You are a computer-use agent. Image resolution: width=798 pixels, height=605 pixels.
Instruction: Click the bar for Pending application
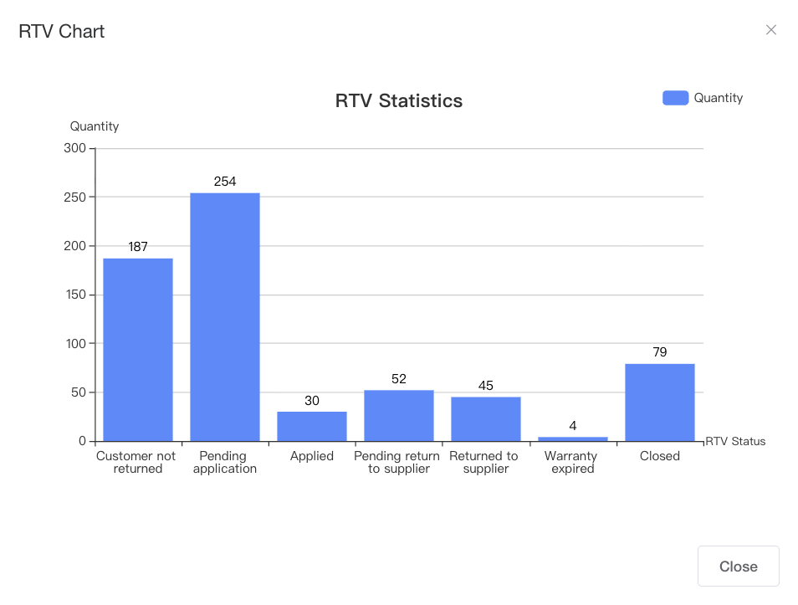(x=225, y=317)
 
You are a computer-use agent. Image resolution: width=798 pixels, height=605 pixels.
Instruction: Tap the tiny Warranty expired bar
(x=573, y=438)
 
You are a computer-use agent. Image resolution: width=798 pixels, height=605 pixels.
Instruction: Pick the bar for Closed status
(x=660, y=402)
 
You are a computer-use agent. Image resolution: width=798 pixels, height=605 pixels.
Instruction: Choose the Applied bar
(x=312, y=426)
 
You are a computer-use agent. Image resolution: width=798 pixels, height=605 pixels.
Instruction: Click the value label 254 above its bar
(x=225, y=182)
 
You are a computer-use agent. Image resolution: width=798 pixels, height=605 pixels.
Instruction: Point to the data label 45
(x=486, y=386)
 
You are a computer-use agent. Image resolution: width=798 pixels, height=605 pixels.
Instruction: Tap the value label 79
(x=660, y=352)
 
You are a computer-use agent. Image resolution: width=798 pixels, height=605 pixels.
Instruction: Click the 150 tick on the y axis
(x=75, y=295)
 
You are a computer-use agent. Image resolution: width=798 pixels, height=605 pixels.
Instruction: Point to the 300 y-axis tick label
(x=75, y=148)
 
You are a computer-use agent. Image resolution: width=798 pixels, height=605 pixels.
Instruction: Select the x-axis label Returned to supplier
(x=484, y=463)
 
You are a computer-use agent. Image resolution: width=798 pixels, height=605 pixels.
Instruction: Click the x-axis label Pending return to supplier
(x=397, y=463)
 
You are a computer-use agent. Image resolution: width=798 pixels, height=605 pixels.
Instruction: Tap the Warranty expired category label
(x=571, y=463)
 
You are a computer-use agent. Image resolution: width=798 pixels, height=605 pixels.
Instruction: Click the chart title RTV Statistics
(x=399, y=101)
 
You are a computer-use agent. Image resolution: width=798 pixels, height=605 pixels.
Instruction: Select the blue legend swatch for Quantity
(x=675, y=98)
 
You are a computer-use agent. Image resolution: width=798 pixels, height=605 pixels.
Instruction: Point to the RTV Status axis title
(x=735, y=442)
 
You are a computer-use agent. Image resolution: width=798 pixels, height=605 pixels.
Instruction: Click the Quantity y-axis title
(x=95, y=126)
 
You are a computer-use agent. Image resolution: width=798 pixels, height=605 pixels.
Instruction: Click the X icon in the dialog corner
(x=771, y=30)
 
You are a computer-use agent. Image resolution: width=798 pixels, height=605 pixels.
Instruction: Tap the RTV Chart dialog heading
(x=62, y=32)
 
